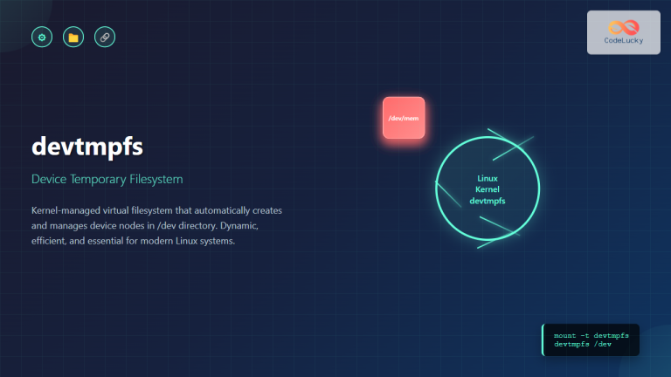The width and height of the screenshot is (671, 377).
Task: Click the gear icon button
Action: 41,38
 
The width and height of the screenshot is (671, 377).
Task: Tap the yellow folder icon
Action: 73,38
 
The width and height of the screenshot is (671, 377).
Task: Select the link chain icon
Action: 105,38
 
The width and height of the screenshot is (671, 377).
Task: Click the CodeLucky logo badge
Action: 623,33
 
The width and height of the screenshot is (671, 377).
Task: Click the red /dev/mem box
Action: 404,118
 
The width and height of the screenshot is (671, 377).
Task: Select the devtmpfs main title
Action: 87,147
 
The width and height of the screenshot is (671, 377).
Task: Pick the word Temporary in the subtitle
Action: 100,180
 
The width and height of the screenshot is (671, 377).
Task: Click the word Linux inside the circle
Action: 487,179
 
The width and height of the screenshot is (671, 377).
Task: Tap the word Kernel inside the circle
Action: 487,190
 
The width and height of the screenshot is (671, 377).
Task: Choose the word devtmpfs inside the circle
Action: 487,202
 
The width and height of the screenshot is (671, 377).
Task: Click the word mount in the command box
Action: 565,335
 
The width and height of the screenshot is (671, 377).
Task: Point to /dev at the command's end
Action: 603,344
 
